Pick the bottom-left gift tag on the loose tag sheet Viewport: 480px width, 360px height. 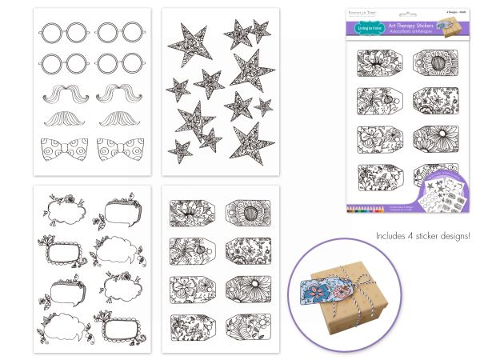click(193, 324)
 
